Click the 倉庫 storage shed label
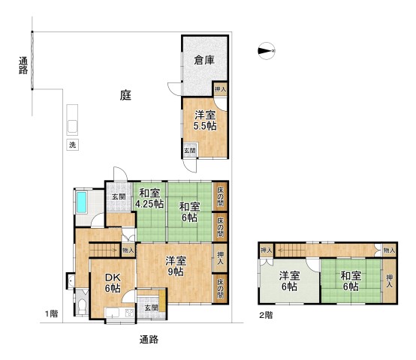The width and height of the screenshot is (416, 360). (x=204, y=61)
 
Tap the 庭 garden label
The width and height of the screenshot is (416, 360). (x=125, y=95)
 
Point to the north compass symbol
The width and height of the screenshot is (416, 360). (x=266, y=51)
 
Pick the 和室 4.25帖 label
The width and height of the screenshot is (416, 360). (x=149, y=198)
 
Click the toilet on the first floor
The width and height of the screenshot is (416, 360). (x=80, y=307)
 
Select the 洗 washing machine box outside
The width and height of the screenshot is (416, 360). (x=73, y=144)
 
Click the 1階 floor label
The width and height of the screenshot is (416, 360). (x=50, y=313)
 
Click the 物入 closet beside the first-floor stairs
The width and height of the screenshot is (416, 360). (x=128, y=250)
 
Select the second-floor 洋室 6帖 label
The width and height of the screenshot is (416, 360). (x=289, y=280)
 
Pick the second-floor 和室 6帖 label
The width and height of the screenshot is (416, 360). (x=351, y=280)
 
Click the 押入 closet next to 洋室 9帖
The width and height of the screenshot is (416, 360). (x=220, y=257)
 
